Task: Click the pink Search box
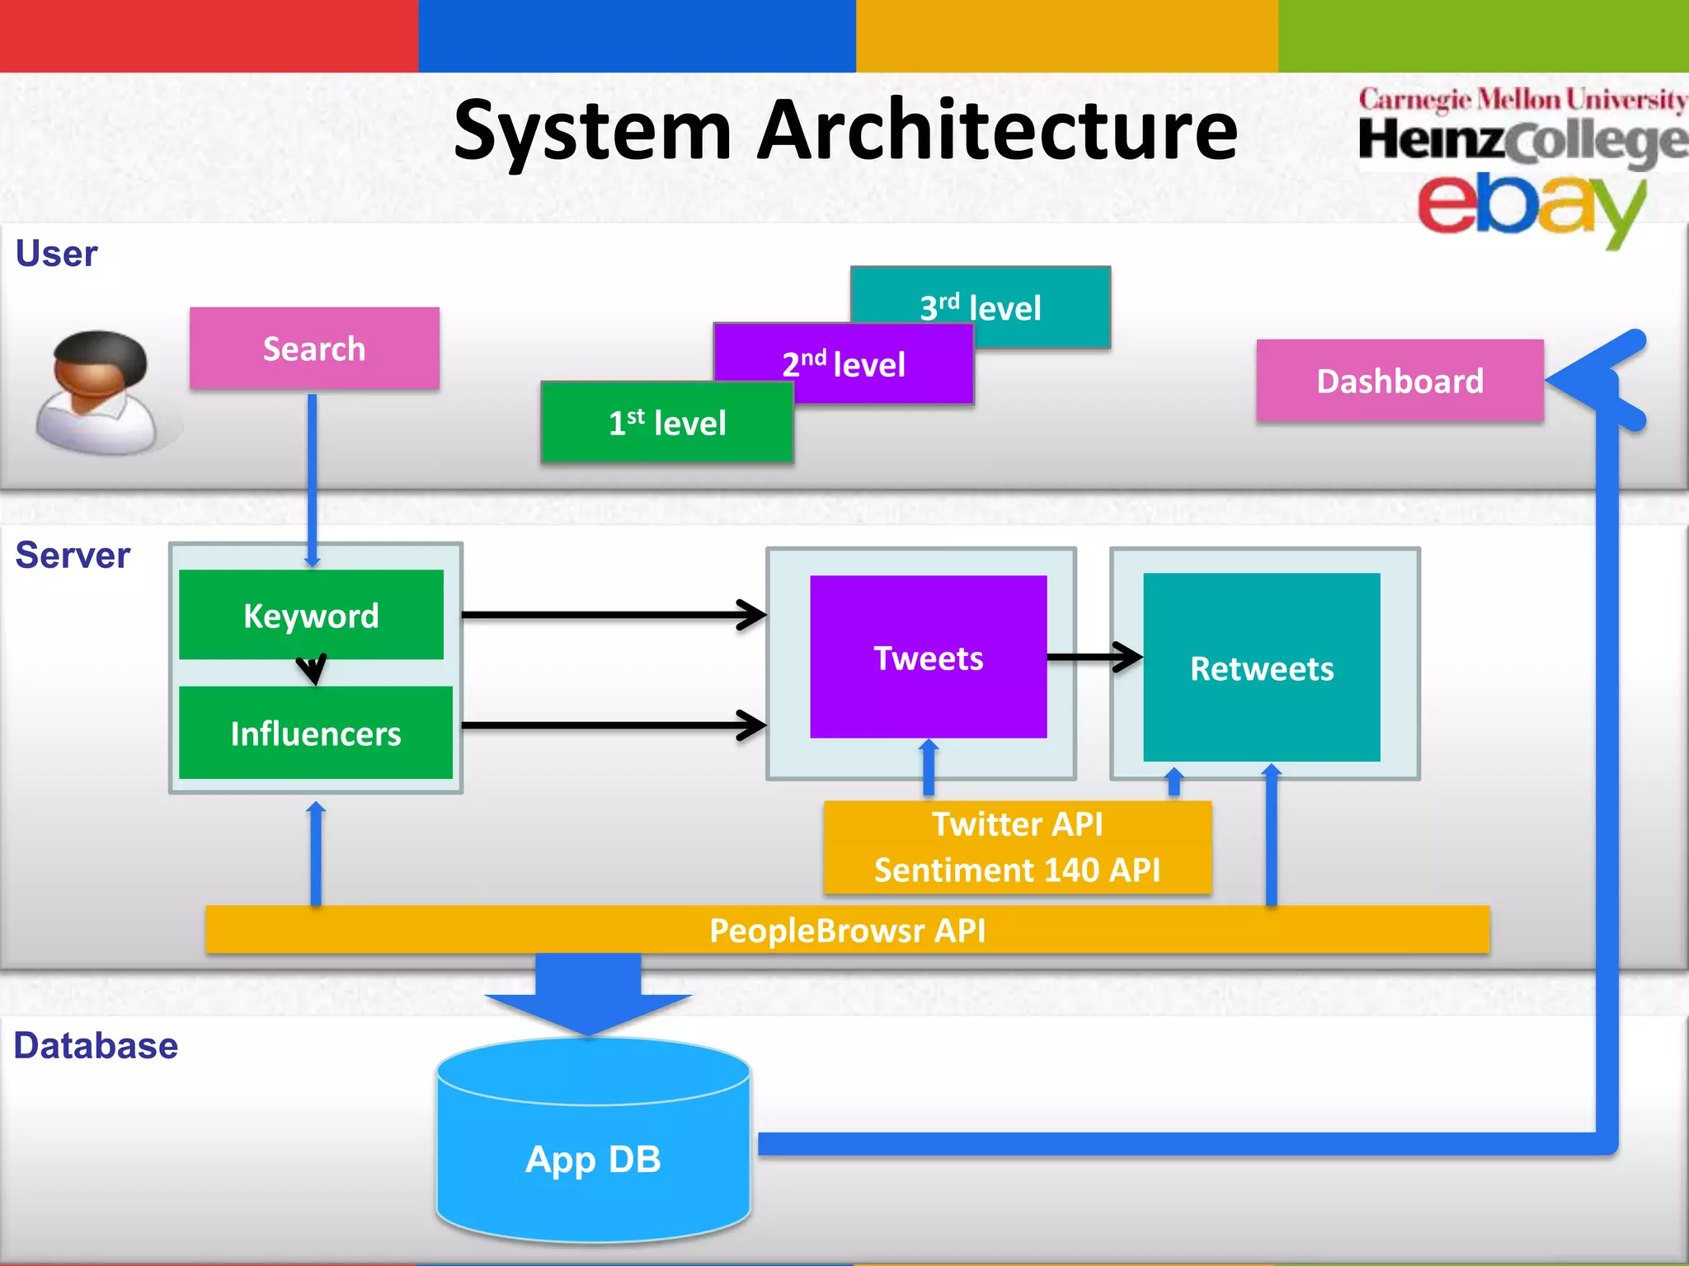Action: (x=314, y=349)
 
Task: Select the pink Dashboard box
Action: (x=1400, y=381)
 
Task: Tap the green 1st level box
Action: (x=666, y=423)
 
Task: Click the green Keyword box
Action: (x=311, y=615)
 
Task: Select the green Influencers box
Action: (x=315, y=733)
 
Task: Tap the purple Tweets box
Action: (x=928, y=657)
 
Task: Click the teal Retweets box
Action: (x=1261, y=668)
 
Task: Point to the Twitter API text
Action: (x=1017, y=823)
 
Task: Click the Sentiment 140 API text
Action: (x=1017, y=870)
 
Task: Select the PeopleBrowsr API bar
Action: (x=847, y=930)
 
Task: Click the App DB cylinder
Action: (x=593, y=1158)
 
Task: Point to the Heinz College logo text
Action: (x=1522, y=140)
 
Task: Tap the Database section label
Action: (x=96, y=1045)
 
